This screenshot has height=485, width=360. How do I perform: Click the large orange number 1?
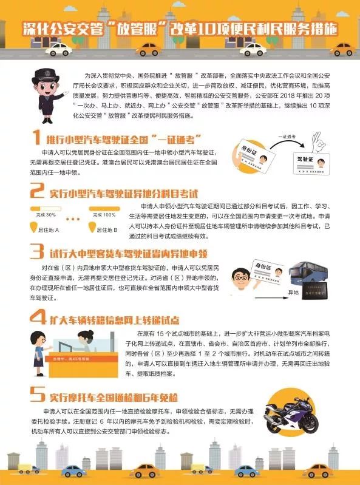37,138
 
